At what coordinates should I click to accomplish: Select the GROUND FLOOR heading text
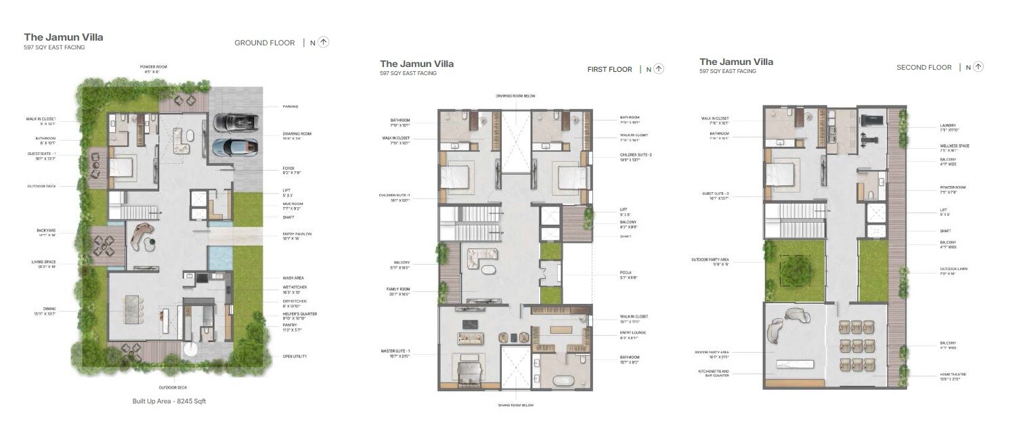click(x=264, y=43)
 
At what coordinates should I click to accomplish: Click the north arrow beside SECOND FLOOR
click(x=978, y=67)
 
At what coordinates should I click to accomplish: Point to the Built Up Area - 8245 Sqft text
click(x=169, y=401)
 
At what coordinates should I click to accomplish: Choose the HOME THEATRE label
click(x=953, y=374)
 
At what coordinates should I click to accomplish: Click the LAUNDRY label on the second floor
click(x=948, y=125)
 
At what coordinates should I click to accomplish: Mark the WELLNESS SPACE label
click(x=955, y=146)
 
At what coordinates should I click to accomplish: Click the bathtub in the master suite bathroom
click(x=564, y=379)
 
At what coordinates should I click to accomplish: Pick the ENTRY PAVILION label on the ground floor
click(x=297, y=234)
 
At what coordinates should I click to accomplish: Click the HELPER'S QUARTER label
click(x=299, y=314)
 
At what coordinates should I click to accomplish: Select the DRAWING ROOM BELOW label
click(x=515, y=96)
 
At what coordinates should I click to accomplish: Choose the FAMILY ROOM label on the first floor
click(x=400, y=289)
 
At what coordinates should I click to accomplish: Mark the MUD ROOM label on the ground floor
click(x=292, y=204)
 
